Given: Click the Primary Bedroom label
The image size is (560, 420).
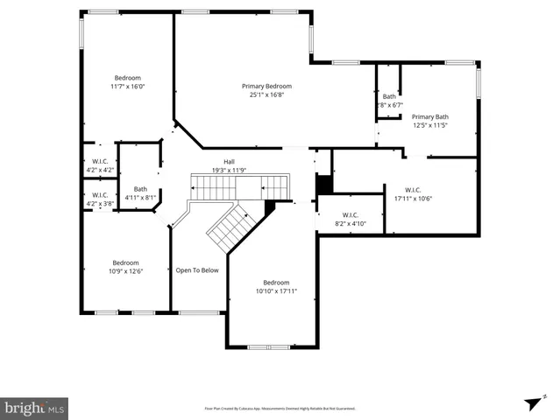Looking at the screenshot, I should [266, 86].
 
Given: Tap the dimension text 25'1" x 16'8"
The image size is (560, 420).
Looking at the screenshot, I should [266, 95].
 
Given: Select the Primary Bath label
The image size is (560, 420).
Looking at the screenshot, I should [430, 116].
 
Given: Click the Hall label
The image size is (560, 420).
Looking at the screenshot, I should [229, 161].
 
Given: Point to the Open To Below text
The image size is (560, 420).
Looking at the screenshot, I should [197, 270].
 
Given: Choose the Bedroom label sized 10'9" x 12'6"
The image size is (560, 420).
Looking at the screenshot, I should [125, 262].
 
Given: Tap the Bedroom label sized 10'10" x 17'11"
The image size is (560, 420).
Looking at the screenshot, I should [276, 282].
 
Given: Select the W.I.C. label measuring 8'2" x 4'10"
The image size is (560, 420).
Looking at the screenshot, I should [350, 214].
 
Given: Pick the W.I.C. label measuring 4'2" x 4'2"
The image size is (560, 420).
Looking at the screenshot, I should [99, 161].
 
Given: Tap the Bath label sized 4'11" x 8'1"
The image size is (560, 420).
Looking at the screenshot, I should [140, 189].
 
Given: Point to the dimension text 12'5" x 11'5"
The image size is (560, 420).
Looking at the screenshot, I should [430, 125].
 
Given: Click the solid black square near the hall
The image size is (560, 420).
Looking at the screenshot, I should [323, 185].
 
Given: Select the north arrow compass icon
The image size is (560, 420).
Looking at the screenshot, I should [531, 402].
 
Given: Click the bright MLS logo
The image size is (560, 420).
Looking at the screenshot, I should [35, 408].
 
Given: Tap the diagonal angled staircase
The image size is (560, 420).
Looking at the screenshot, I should [231, 225].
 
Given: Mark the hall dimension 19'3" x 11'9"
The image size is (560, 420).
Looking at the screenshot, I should [229, 170].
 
